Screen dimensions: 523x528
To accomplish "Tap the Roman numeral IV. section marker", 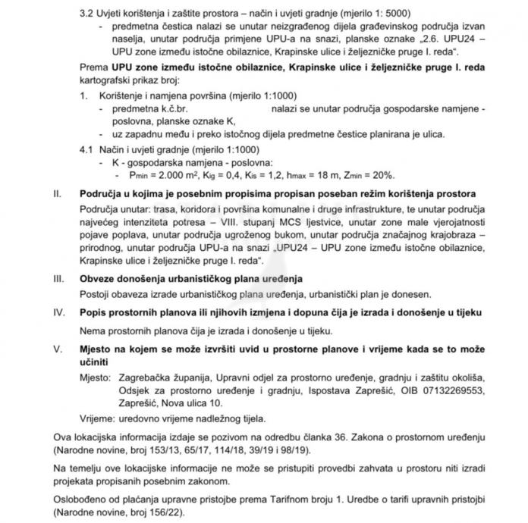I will pyautogui.click(x=57, y=312).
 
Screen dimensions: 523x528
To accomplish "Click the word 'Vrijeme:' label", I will pyautogui.click(x=98, y=418).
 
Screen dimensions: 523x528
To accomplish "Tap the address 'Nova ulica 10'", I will pyautogui.click(x=192, y=402).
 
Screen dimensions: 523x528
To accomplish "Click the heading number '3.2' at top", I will pyautogui.click(x=86, y=14).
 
